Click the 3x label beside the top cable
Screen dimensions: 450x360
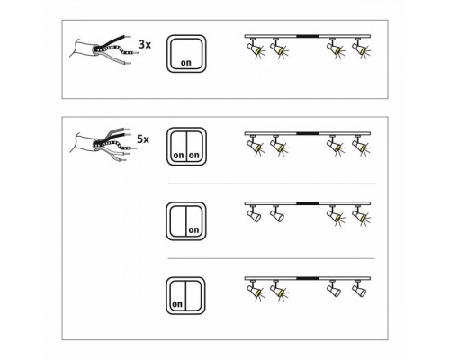145,45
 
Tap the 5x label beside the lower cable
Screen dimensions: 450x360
143,139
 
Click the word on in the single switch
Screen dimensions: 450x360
186,63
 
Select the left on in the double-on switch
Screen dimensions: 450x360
178,156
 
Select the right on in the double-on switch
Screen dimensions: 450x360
194,155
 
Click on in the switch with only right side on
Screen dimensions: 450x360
193,229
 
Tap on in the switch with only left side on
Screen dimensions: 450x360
177,304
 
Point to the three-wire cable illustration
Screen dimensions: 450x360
101,49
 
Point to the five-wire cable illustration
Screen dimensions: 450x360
101,144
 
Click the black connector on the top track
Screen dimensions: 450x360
307,36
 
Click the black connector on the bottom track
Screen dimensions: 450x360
307,278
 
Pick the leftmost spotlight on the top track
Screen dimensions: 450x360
254,48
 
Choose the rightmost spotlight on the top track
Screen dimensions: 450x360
361,48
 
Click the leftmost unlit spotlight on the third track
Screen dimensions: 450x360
253,213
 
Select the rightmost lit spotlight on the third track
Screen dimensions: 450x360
361,215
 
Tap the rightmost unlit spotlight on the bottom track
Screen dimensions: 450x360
359,288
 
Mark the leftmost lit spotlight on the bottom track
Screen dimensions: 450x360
254,290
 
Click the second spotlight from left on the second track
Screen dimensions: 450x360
279,145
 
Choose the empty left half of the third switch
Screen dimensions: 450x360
178,221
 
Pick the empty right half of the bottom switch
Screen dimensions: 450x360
193,295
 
